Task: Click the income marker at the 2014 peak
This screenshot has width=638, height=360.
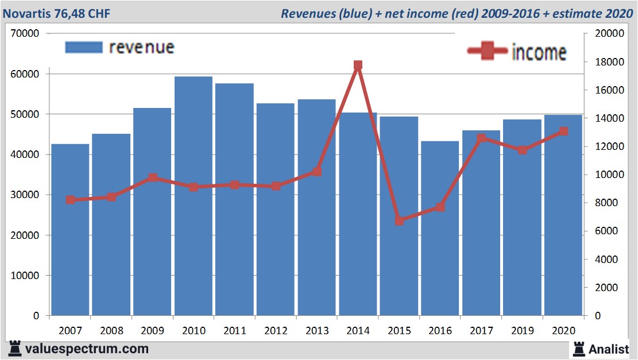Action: coord(358,65)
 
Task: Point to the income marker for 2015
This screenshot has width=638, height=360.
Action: coord(399,220)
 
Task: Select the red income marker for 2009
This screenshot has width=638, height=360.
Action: coord(153,178)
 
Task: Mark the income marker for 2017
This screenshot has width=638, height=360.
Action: coord(481,138)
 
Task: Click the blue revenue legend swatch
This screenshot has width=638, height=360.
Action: coord(84,47)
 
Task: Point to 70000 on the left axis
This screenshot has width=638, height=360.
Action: coord(25,33)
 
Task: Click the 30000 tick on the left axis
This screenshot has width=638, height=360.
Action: coord(25,195)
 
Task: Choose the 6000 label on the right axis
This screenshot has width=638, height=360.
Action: coord(605,231)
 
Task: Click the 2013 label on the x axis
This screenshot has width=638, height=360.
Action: coord(317,331)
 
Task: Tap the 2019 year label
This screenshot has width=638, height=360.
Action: coord(522,331)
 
